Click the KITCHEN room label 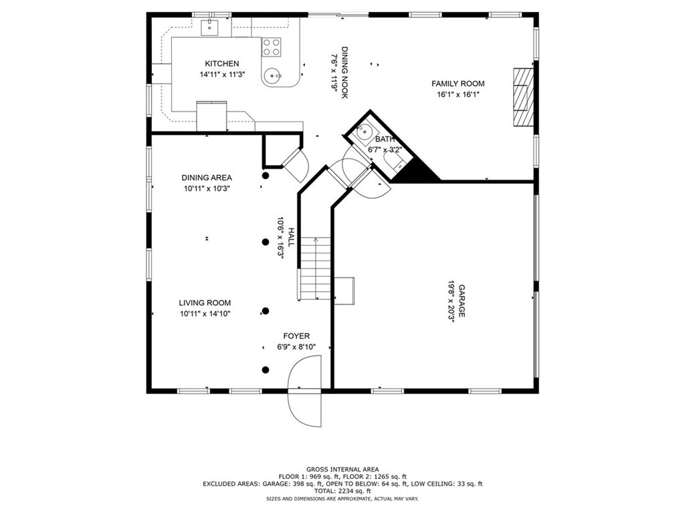(x=221, y=63)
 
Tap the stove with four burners (x=272, y=46)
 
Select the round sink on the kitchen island (x=272, y=77)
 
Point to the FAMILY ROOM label (x=458, y=83)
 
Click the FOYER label (x=296, y=336)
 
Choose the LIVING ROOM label (x=205, y=303)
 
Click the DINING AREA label (x=207, y=178)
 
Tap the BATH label (x=385, y=139)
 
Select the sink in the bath (x=365, y=131)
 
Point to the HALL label (x=290, y=240)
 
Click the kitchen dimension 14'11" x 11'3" (x=222, y=75)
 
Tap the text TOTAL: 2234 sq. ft (x=342, y=490)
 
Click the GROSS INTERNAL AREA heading (x=342, y=470)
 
